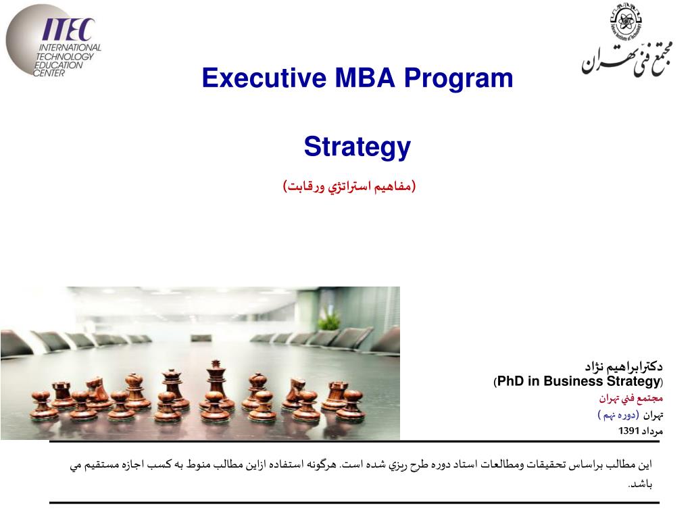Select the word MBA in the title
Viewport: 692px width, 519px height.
(364, 79)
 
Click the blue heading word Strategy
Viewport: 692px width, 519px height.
(357, 147)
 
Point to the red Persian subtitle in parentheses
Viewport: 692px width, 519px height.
(349, 185)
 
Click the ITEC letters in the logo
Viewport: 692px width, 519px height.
(68, 30)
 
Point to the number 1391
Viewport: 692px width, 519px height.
(628, 430)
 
